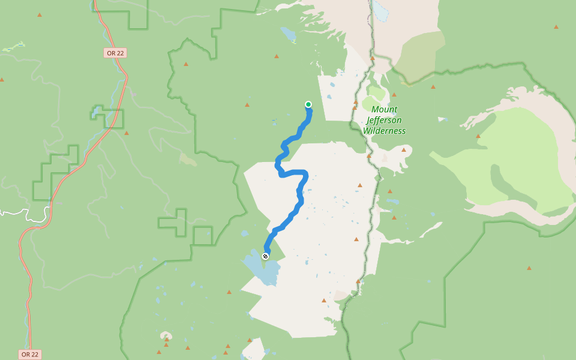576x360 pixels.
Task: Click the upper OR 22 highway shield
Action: [115, 53]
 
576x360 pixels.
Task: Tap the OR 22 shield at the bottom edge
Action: [30, 355]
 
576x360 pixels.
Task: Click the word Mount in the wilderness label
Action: [385, 109]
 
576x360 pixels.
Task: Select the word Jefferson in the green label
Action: [382, 120]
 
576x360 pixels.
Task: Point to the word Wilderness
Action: [385, 131]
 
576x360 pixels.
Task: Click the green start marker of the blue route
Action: [308, 104]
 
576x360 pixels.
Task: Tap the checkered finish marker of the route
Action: [265, 256]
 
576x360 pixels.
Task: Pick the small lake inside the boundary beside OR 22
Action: [94, 112]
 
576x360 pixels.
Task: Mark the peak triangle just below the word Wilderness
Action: [404, 150]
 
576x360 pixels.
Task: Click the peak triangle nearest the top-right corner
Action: [556, 27]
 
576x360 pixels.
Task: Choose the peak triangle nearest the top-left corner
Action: [40, 14]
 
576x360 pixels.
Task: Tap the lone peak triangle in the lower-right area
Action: [529, 268]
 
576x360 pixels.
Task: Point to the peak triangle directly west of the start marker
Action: [247, 105]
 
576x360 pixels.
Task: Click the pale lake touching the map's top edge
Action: [380, 8]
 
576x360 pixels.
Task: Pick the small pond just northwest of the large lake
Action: [244, 233]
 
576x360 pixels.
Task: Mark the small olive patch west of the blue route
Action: [188, 159]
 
